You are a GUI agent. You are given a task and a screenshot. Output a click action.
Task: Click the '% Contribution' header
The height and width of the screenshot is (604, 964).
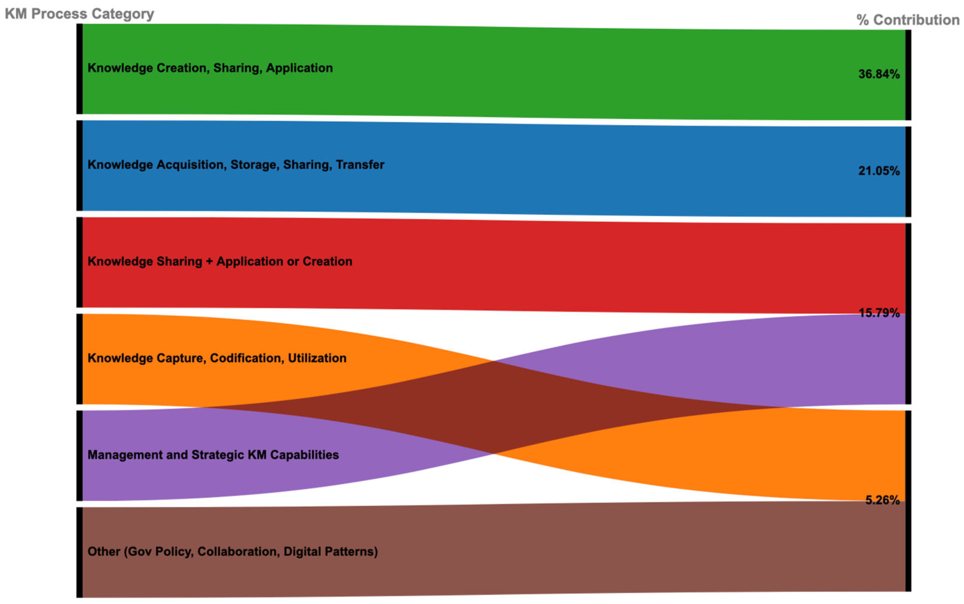point(908,20)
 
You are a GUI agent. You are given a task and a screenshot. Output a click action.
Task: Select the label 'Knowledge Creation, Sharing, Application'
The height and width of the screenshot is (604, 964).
point(210,68)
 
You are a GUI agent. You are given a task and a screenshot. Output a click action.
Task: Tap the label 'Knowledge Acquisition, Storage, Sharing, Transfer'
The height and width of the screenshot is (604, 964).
point(235,165)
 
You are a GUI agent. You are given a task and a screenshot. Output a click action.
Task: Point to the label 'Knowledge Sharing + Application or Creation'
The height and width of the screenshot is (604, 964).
point(220,261)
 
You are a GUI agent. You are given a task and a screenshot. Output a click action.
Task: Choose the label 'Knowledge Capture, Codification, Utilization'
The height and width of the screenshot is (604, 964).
point(217,358)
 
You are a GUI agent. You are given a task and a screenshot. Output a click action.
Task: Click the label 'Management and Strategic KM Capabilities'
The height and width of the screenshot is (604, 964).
point(213,455)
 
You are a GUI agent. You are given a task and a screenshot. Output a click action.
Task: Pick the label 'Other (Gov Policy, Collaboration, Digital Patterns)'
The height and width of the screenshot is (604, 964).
point(232,551)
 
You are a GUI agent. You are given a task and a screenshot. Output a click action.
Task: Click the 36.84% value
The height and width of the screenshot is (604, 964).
point(879,74)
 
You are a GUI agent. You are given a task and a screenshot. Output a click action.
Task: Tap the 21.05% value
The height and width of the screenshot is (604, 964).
point(879,171)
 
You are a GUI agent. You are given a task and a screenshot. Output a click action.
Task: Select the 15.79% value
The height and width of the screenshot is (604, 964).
point(879,313)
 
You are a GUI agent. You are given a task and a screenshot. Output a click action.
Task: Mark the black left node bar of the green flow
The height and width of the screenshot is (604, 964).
point(79,69)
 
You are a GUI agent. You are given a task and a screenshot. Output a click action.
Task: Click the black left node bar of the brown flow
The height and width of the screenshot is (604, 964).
point(79,552)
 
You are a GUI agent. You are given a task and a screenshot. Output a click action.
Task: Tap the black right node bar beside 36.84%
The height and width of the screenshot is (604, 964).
point(908,75)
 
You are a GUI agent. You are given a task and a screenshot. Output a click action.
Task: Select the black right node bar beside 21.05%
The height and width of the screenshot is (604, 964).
point(908,172)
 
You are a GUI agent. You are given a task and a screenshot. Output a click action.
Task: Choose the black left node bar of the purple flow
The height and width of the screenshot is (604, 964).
point(79,455)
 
